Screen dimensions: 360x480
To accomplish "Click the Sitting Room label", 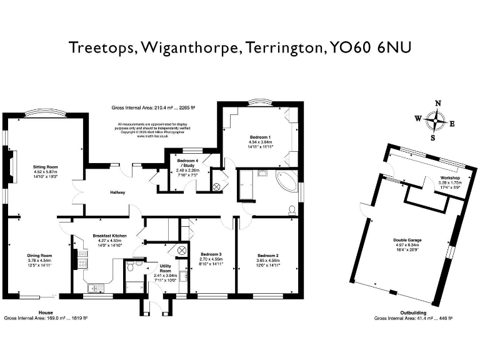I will pyautogui.click(x=45, y=167).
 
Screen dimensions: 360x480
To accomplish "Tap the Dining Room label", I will pyautogui.click(x=39, y=256).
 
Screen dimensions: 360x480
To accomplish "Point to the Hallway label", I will pyautogui.click(x=119, y=192).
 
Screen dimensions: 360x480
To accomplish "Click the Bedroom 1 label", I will pyautogui.click(x=261, y=137).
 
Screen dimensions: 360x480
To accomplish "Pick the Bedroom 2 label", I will pyautogui.click(x=268, y=256).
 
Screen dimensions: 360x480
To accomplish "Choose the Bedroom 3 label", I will pyautogui.click(x=211, y=254).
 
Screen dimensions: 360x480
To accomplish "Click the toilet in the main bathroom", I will pyautogui.click(x=292, y=211).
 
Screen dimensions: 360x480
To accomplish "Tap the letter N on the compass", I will pyautogui.click(x=437, y=104).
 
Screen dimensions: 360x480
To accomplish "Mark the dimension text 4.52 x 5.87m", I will pyautogui.click(x=45, y=172).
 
